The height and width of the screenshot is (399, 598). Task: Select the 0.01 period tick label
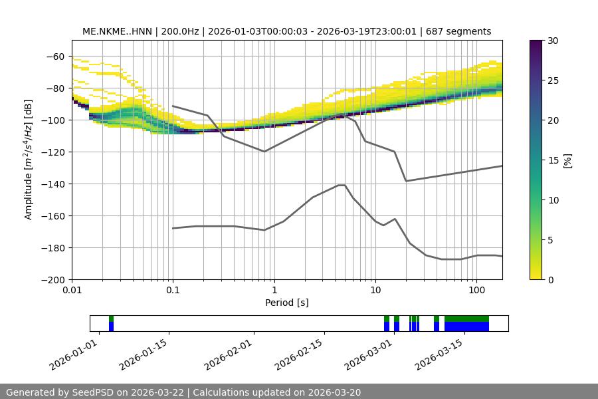click(72, 291)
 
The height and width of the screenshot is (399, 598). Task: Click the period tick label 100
click(476, 291)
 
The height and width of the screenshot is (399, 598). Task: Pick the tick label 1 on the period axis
click(274, 291)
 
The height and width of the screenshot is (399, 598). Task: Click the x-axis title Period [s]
click(287, 303)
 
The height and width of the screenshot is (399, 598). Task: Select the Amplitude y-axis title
click(28, 160)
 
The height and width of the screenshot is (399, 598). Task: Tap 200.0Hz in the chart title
click(179, 31)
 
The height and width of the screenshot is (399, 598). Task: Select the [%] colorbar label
click(567, 160)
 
